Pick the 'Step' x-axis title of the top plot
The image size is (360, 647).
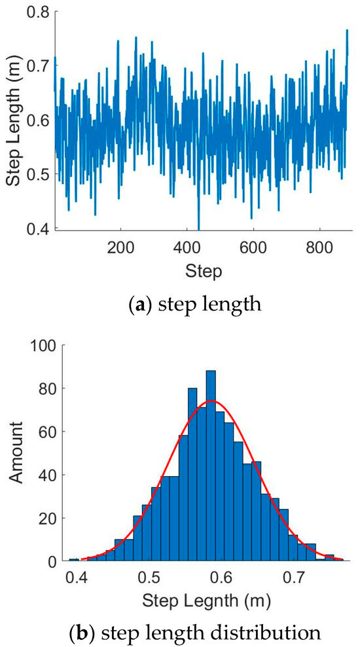point(204,269)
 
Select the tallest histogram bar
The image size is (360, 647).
point(211,471)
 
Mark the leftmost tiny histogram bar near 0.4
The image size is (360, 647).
point(74,560)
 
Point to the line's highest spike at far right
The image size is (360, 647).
point(346,31)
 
